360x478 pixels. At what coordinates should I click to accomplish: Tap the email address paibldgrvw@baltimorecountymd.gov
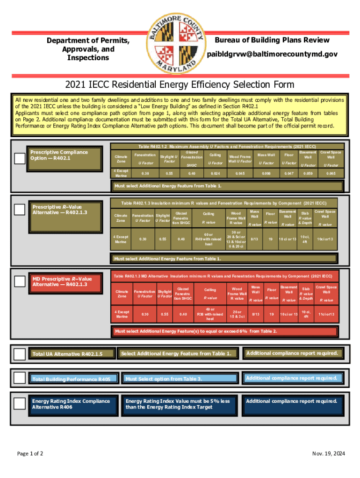(x=272, y=55)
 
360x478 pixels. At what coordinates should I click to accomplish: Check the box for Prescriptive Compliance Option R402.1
(x=20, y=159)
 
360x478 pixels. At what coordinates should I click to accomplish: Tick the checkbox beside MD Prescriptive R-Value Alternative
(x=20, y=281)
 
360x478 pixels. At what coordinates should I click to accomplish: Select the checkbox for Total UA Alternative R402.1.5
(x=20, y=354)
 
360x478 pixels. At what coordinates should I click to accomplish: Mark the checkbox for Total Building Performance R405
(x=20, y=378)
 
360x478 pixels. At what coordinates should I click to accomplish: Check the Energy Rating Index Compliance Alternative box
(x=20, y=403)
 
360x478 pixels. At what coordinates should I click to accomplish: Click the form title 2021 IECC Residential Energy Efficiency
(x=180, y=84)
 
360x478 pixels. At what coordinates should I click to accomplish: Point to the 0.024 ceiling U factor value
(x=215, y=173)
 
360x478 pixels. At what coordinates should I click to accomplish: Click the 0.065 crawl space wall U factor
(x=331, y=173)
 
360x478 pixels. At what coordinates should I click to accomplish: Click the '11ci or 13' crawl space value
(x=325, y=314)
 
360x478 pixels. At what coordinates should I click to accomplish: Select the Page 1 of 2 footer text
(x=30, y=453)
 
